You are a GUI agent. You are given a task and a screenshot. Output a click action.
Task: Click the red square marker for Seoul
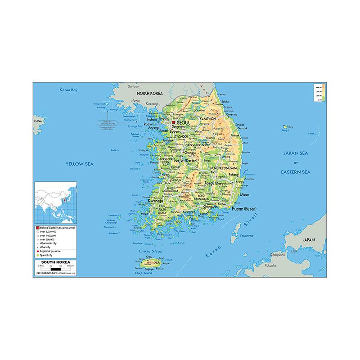tap(173, 122)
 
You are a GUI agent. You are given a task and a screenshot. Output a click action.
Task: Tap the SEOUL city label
tap(184, 122)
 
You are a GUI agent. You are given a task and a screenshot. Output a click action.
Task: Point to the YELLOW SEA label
tap(79, 164)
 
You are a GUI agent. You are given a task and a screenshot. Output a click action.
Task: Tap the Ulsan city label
tap(244, 194)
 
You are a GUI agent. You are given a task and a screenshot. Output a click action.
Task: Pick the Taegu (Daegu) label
tap(216, 184)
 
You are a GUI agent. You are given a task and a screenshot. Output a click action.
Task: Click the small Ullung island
tap(284, 127)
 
